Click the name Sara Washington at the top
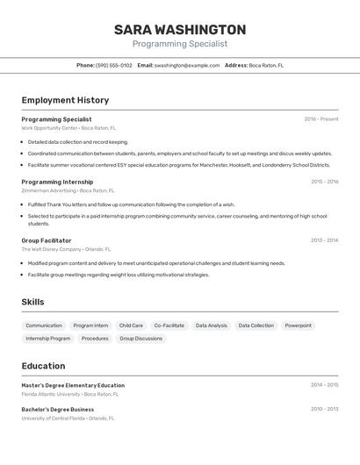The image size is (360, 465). coord(180,29)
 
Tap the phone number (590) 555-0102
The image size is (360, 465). coord(114,65)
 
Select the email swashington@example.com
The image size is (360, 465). coord(187,65)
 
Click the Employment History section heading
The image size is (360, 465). coord(65,100)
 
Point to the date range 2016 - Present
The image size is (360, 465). coord(320,119)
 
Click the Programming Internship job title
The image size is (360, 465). coord(59,182)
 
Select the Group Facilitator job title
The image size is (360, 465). coord(47,240)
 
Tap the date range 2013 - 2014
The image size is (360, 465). coord(324,240)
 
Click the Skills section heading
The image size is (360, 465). coord(32,302)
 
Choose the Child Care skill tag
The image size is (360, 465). coord(131,325)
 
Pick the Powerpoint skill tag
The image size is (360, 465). coord(298,325)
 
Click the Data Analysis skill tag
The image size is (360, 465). coord(211,325)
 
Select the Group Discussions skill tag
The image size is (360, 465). coord(140,338)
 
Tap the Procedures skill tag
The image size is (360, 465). coord(95,338)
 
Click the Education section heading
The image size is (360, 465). coord(43,366)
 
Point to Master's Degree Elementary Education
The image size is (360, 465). coord(73,385)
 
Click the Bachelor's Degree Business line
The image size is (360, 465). coord(58,409)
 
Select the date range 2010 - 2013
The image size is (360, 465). coord(324,409)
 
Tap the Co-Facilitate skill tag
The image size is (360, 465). coord(169,325)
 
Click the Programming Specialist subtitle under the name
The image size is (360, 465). coord(180,43)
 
